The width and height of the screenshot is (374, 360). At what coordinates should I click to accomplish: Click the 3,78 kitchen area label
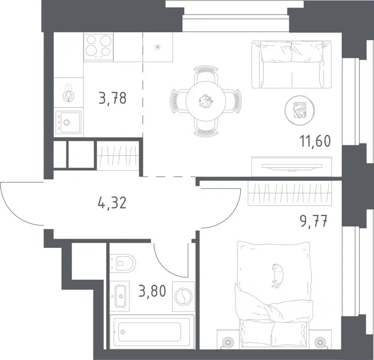[112, 98]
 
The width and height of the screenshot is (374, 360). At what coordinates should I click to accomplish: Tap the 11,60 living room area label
[315, 141]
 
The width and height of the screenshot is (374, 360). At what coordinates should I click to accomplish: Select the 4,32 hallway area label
[112, 203]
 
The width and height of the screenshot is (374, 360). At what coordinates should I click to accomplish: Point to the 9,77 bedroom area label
[313, 221]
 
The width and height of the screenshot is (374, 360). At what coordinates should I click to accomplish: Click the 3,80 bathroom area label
[152, 291]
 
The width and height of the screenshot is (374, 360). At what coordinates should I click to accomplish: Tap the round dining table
[206, 101]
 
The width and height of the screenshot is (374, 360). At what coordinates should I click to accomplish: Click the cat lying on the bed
[277, 275]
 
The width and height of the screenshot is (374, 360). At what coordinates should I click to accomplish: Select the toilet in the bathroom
[122, 263]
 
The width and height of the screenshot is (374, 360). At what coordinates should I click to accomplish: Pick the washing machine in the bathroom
[183, 296]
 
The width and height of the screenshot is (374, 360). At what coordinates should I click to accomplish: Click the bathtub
[152, 332]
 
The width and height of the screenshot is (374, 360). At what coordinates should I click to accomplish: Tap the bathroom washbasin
[121, 296]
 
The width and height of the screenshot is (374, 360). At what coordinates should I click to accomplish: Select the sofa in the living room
[291, 64]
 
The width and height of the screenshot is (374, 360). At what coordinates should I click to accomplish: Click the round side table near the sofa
[300, 110]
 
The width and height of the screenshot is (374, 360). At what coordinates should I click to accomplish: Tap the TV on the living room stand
[292, 167]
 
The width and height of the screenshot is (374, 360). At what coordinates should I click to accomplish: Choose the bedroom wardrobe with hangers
[289, 193]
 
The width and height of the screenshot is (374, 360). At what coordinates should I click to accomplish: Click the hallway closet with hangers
[118, 155]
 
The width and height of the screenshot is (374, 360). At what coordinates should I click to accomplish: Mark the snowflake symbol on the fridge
[158, 47]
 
